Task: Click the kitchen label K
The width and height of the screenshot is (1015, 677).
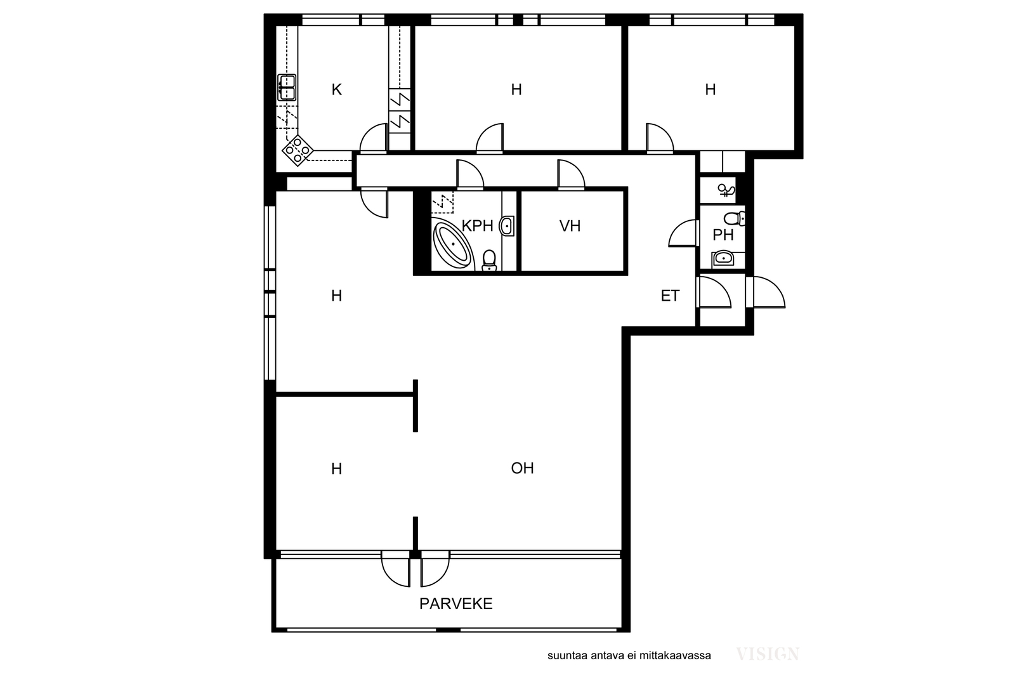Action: coord(336,89)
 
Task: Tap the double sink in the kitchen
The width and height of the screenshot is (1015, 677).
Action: coord(287,88)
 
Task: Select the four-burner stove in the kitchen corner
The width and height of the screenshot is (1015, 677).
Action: coord(298,150)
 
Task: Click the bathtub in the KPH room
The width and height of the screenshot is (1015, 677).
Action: coord(452,244)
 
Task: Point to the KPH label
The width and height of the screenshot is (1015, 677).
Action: coord(477,226)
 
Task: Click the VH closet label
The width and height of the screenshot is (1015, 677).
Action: coord(570,226)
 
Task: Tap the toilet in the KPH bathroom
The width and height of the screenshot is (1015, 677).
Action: coord(489,261)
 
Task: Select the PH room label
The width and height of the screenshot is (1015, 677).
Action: coord(723,235)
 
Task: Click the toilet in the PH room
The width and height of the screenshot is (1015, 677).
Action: coord(735,219)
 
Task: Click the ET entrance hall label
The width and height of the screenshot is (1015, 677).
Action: coord(670,296)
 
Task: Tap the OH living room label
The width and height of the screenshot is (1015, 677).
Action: coord(522,468)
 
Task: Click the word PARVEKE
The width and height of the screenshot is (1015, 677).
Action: coord(456,603)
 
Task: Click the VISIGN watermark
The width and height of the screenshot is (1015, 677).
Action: coord(768,654)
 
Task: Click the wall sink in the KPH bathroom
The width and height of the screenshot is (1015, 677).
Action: coord(507,226)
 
